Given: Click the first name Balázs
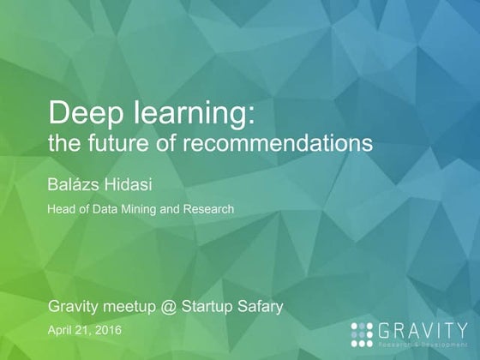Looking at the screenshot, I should point(75,183).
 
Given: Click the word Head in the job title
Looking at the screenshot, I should point(60,208).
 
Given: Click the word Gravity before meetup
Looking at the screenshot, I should point(76,306).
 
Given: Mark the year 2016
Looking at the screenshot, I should point(106,330).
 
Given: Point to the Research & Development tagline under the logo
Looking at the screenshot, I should point(426,341).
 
